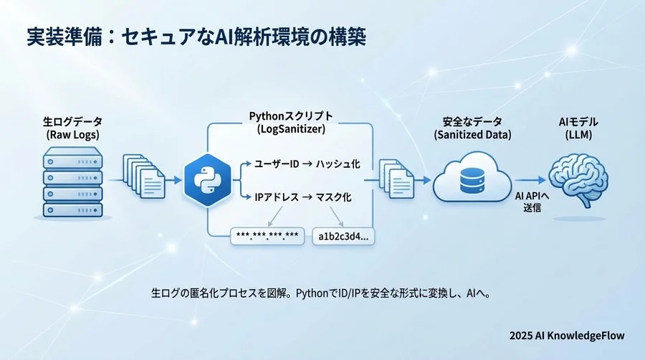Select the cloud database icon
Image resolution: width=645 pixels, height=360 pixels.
tap(471, 180)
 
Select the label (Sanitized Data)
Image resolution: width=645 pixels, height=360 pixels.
tap(471, 134)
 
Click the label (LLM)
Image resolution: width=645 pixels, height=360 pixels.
tap(577, 134)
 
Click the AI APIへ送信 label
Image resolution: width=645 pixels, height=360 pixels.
tap(532, 202)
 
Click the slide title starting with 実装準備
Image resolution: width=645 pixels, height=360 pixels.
tap(191, 37)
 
